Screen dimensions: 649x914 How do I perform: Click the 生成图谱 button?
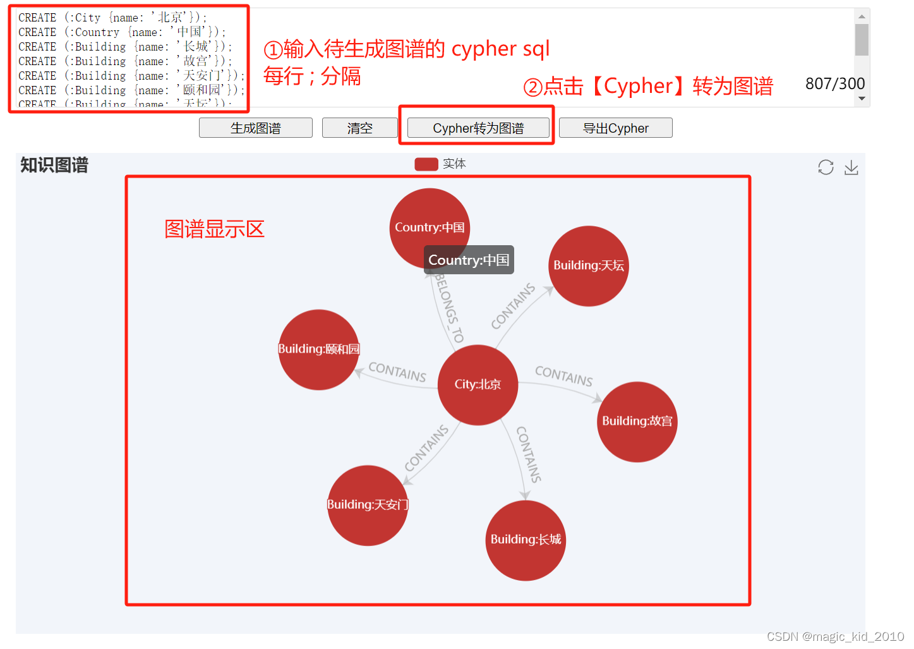tap(256, 128)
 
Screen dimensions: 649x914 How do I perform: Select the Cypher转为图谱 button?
tap(478, 128)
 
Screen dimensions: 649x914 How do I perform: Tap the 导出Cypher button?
tap(615, 128)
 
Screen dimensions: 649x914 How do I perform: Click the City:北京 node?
tap(478, 384)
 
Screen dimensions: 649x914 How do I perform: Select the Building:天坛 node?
tap(589, 266)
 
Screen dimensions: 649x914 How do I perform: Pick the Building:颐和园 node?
tap(318, 349)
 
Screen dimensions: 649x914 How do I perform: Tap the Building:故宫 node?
tap(637, 422)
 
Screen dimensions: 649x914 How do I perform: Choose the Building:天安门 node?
tap(368, 505)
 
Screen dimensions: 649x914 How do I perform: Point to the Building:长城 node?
tap(526, 540)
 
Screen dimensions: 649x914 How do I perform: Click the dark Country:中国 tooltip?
tap(469, 260)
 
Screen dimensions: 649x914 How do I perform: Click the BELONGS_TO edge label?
tap(449, 308)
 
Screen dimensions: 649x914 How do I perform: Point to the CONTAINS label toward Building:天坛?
tap(513, 306)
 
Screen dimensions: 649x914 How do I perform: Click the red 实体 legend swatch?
tap(426, 164)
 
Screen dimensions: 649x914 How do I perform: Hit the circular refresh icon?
tap(826, 167)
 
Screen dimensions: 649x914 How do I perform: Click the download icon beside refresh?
tap(851, 167)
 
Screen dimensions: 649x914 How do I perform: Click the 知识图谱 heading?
tap(54, 166)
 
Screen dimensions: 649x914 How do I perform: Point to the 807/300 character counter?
tap(834, 84)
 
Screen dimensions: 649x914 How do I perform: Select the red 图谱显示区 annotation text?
tap(214, 229)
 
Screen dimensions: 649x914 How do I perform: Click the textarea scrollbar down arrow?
tap(862, 99)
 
